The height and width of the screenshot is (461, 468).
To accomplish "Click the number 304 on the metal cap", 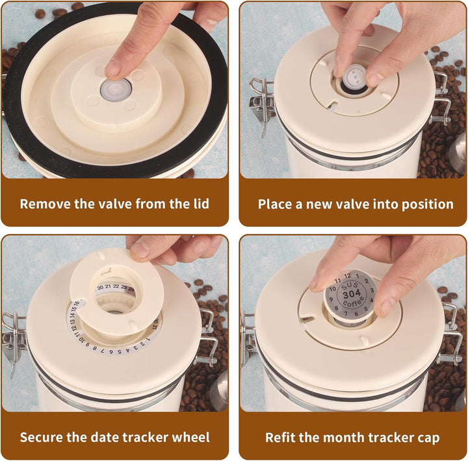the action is (x=352, y=295).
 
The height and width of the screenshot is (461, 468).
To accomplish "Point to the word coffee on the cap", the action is (x=354, y=302).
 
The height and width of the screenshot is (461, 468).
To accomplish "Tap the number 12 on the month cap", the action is (x=347, y=276).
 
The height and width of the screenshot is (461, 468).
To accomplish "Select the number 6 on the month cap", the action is (x=356, y=314).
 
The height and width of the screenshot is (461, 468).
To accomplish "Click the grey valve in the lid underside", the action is (x=116, y=90).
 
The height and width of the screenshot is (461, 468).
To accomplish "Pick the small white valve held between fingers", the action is (x=354, y=77).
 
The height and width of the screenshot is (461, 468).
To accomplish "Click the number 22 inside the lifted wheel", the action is (x=116, y=286).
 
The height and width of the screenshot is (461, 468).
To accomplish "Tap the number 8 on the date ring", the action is (x=95, y=348).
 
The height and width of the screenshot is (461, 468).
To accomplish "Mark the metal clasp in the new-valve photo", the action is (x=261, y=105).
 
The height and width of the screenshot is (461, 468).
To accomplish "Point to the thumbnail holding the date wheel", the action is (x=140, y=249).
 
